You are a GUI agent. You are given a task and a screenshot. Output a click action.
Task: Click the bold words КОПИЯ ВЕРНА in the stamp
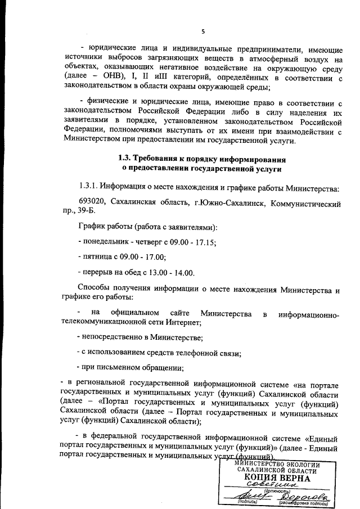click(277, 478)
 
